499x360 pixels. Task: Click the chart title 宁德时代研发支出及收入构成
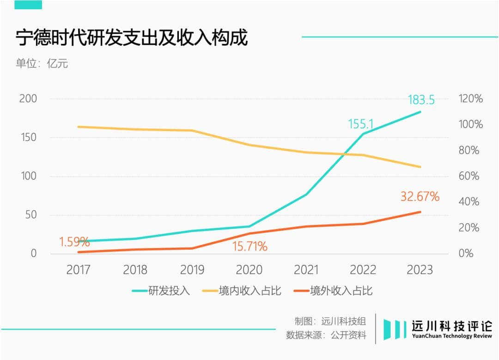[132, 37]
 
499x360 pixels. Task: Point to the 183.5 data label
[421, 100]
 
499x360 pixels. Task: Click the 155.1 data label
[360, 124]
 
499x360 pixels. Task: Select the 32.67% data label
[420, 196]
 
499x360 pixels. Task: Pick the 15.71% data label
[249, 246]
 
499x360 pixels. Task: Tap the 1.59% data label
[74, 242]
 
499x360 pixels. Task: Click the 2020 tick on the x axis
[249, 270]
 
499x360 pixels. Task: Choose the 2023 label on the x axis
[420, 270]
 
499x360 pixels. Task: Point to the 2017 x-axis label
[79, 270]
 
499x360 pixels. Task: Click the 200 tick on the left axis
[28, 99]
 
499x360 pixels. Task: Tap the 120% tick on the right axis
[470, 99]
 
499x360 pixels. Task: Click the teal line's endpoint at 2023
[420, 112]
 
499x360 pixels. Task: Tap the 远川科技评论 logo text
[452, 326]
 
